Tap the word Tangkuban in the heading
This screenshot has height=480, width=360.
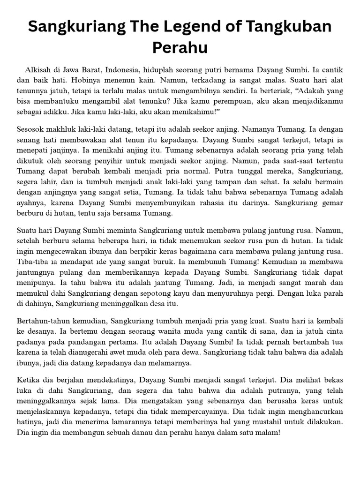click(x=286, y=27)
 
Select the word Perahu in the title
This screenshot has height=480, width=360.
click(x=180, y=48)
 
